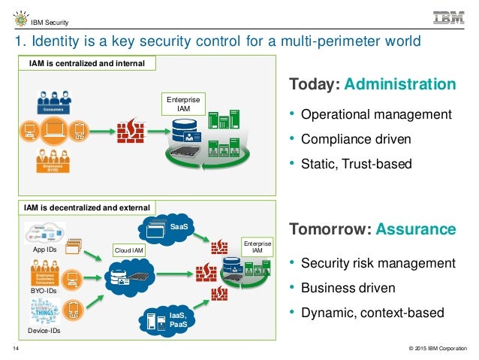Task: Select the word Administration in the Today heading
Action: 400,84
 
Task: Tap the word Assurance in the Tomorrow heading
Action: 416,228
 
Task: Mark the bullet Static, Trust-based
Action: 357,163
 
